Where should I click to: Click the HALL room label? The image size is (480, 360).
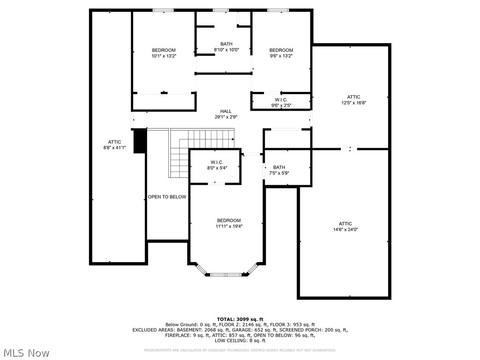click(x=226, y=111)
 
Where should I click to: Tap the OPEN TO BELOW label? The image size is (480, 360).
click(x=167, y=197)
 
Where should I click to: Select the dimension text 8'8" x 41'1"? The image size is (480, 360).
click(x=114, y=148)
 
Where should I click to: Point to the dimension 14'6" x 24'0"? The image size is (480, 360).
click(x=345, y=230)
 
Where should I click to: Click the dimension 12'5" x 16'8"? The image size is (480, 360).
click(x=353, y=103)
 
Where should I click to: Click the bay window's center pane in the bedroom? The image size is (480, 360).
click(x=226, y=274)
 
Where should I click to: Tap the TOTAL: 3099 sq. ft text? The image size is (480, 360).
click(x=240, y=319)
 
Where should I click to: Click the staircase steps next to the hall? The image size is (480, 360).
click(x=202, y=141)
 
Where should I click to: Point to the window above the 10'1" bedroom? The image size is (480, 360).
click(x=163, y=10)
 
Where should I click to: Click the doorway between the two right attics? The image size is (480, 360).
click(x=350, y=149)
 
